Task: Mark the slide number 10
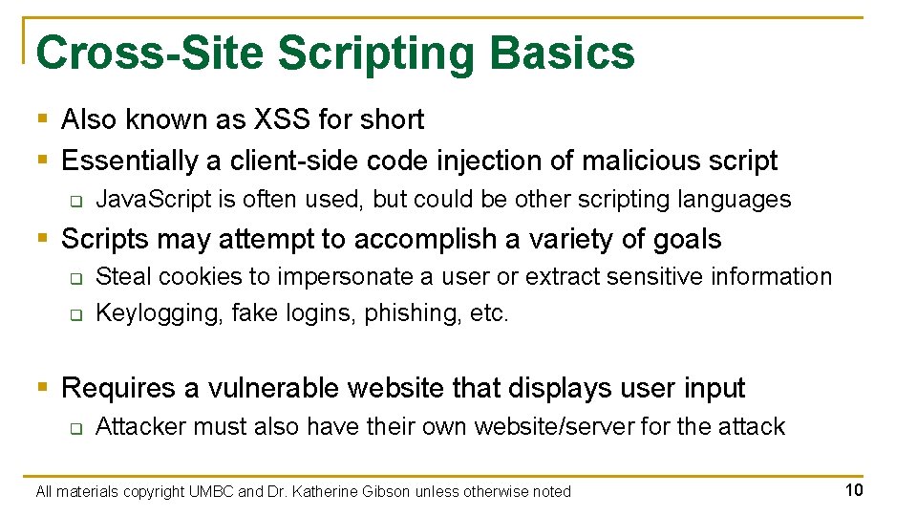pyautogui.click(x=854, y=491)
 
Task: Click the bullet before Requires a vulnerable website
pyautogui.click(x=42, y=387)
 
